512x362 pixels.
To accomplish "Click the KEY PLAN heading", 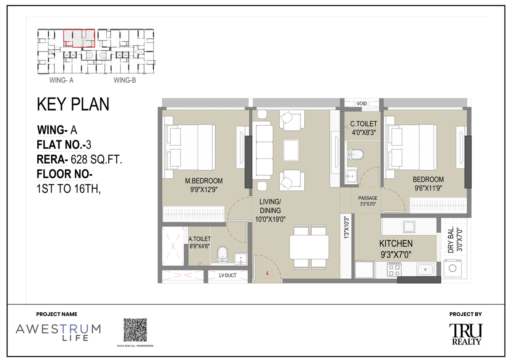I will tap(73, 104).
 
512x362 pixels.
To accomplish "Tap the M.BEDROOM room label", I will tap(204, 181).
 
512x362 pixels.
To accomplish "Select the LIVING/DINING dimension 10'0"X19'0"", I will tap(270, 218).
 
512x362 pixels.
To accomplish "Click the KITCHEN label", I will tap(396, 244).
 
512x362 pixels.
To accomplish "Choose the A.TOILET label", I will tap(200, 239).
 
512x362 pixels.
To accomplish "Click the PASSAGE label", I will tap(368, 198).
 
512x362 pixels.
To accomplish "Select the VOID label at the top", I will tap(362, 104).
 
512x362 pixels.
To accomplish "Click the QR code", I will tap(135, 330).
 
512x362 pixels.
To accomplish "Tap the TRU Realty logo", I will tap(466, 334).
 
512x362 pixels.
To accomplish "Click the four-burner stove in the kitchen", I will tap(394, 269).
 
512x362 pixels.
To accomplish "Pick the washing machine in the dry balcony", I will tap(452, 268).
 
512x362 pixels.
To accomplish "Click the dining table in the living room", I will tap(309, 247).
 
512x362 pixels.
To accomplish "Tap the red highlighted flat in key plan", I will tap(79, 38).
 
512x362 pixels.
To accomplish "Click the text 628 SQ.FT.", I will tap(96, 160).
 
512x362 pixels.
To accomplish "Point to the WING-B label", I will tap(125, 80).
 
